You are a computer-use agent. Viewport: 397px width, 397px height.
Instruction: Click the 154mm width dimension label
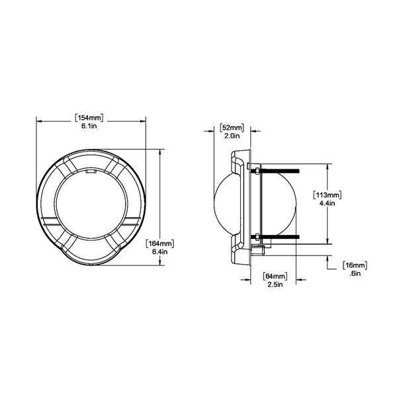point(89,118)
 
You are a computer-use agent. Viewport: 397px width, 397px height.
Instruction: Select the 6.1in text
point(89,126)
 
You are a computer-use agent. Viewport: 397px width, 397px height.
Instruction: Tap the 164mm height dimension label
point(160,243)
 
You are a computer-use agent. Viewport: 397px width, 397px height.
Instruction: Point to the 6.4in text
point(159,251)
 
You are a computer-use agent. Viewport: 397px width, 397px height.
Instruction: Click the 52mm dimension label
point(232,128)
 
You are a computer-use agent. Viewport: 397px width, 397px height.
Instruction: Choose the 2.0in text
point(232,136)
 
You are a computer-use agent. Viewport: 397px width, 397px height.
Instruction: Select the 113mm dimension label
point(328,195)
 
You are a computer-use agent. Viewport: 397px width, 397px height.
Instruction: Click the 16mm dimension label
point(355,265)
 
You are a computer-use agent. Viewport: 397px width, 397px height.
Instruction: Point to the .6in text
point(355,273)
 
